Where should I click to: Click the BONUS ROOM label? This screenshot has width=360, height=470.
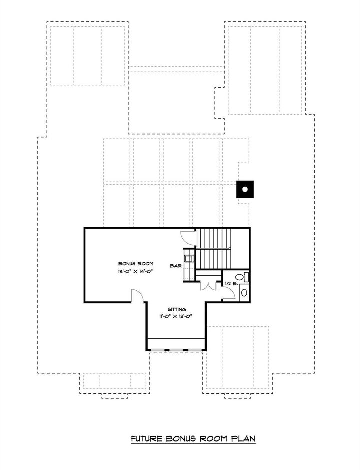(135, 263)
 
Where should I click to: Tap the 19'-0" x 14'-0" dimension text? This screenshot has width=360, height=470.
(135, 271)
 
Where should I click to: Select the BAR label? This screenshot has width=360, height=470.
(175, 267)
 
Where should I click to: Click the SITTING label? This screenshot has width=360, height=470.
(175, 309)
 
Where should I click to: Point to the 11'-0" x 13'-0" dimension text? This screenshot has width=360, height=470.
(175, 316)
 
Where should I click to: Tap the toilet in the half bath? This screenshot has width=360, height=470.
(240, 277)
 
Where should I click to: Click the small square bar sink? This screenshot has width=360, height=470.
(188, 258)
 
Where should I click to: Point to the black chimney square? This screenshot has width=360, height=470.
(245, 189)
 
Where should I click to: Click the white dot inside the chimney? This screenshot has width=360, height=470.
(245, 189)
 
